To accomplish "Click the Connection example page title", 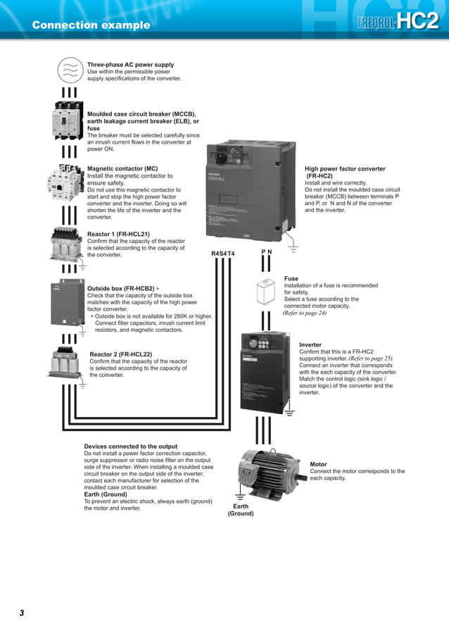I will coord(91,25).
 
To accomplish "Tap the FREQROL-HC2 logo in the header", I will coord(398,21).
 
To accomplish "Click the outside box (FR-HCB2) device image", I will coord(68,303).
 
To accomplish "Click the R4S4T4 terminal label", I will coord(223,254).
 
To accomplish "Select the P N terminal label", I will coord(267,251).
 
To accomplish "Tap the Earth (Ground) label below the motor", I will coord(241,510).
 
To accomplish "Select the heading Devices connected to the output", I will coord(131,447).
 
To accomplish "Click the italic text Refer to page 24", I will coord(304,313).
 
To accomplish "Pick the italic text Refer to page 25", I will coord(370,358).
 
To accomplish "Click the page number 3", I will coord(22,613).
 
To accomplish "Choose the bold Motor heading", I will coord(319,464).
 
